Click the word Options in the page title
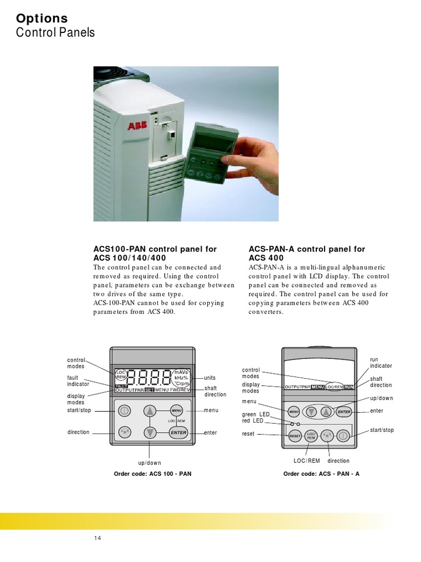click(42, 19)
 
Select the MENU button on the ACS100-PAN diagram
click(177, 410)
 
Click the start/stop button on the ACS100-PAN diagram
click(124, 411)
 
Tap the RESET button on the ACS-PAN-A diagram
click(295, 436)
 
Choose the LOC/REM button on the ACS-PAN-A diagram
click(311, 436)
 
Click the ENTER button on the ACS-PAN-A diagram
click(344, 411)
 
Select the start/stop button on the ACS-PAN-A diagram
click(343, 436)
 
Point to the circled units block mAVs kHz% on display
click(181, 378)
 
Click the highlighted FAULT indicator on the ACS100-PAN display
click(121, 386)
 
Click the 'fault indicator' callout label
click(76, 380)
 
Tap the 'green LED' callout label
click(256, 414)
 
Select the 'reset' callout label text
click(249, 434)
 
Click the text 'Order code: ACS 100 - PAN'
click(152, 473)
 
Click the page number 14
click(98, 538)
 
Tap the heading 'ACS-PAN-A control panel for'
click(306, 249)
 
